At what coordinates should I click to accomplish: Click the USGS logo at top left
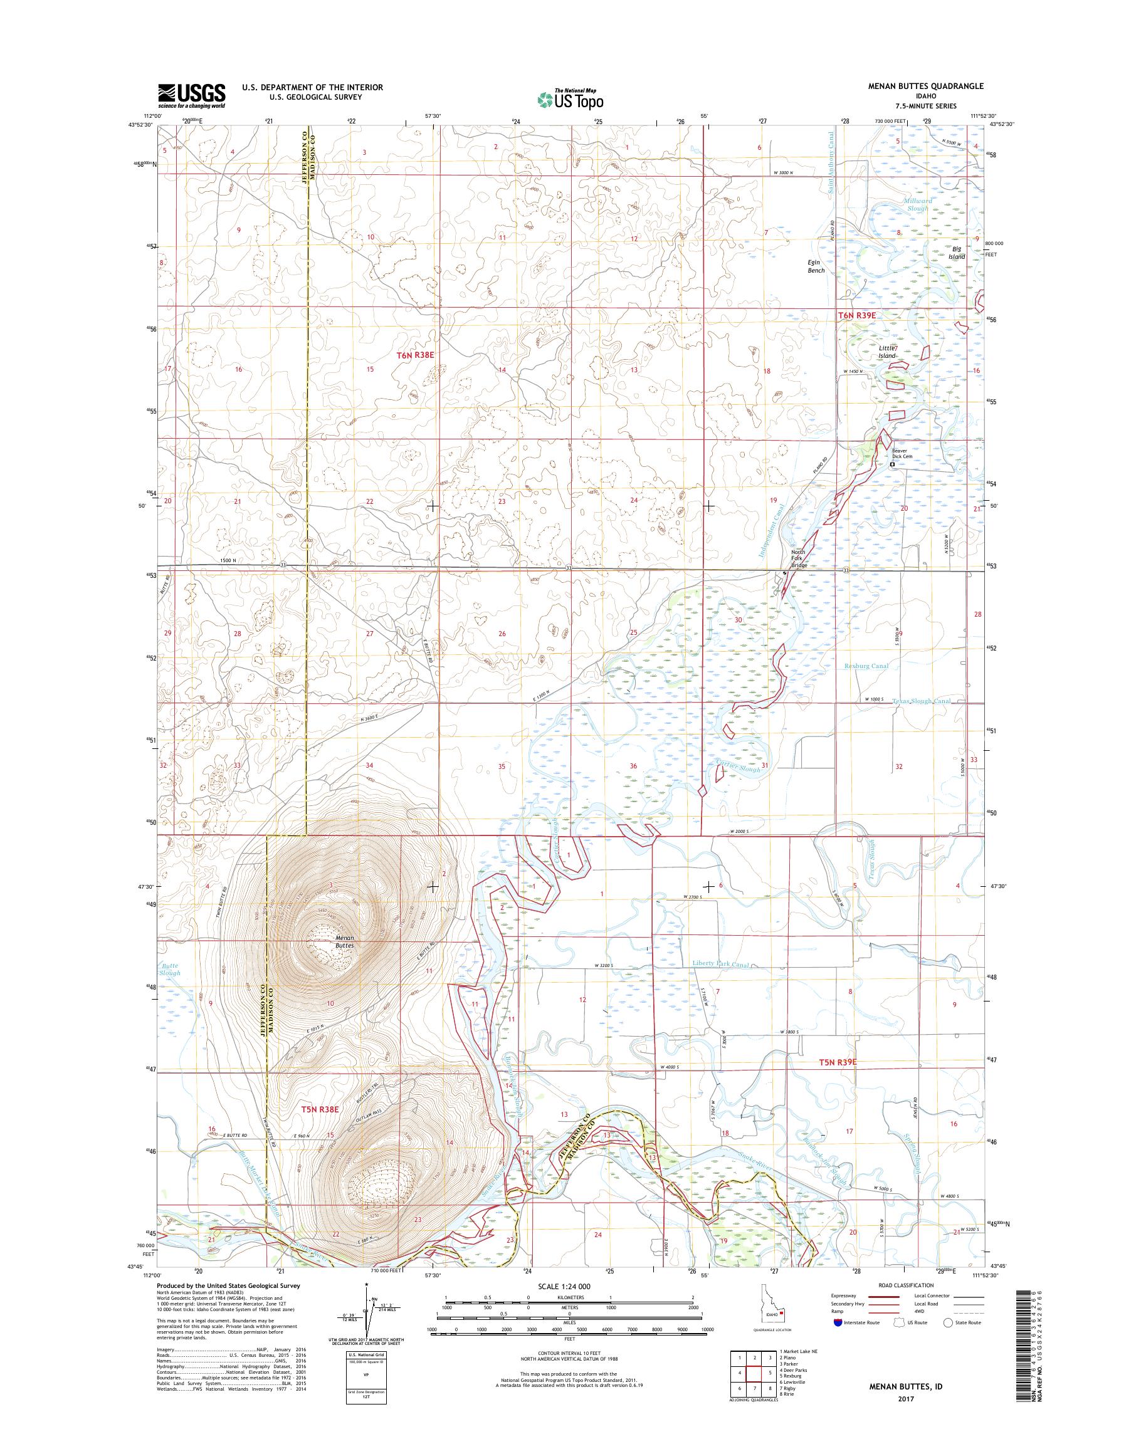191,95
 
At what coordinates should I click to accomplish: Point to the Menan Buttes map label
345,943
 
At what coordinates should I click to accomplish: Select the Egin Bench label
816,266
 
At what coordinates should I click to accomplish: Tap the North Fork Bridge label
799,558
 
